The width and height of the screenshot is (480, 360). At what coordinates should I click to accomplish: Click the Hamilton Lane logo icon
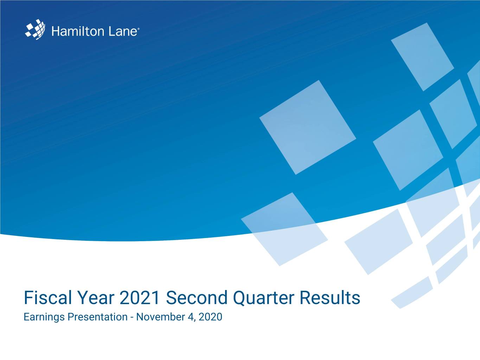pos(35,30)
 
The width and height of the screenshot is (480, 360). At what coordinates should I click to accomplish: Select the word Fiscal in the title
pos(48,297)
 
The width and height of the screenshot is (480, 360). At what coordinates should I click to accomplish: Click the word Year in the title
pos(95,298)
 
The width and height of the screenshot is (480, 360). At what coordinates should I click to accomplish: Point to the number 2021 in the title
pos(140,298)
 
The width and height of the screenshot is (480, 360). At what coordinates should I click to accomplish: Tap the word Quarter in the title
pos(263,298)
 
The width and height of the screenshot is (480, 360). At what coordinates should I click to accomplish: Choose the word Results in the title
pos(330,297)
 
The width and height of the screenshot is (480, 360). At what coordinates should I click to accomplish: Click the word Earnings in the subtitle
pos(44,317)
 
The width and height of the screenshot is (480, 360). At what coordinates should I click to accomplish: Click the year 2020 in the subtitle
pos(210,317)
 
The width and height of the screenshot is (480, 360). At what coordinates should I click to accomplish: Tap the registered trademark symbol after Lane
pos(138,28)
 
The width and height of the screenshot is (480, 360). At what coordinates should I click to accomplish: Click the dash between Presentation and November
pos(132,317)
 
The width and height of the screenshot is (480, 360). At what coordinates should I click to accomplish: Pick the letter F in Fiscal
pos(28,298)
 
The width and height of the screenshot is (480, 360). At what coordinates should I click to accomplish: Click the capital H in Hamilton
pos(56,31)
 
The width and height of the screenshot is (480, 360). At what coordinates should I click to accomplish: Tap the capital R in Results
pos(305,298)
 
